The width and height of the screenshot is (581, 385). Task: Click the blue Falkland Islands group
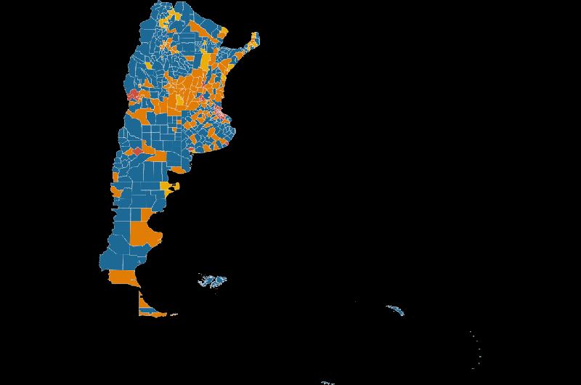(x=214, y=280)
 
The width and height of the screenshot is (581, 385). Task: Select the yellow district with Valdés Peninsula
(x=170, y=187)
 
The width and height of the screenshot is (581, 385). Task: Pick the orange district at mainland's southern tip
(x=122, y=277)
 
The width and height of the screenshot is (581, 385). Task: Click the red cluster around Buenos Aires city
(x=219, y=113)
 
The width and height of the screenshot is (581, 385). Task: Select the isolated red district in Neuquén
(x=136, y=150)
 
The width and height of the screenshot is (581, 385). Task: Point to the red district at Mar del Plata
(x=224, y=143)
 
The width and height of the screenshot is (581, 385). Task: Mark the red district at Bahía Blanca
(x=191, y=150)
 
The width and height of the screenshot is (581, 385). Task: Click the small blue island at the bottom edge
(x=328, y=383)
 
